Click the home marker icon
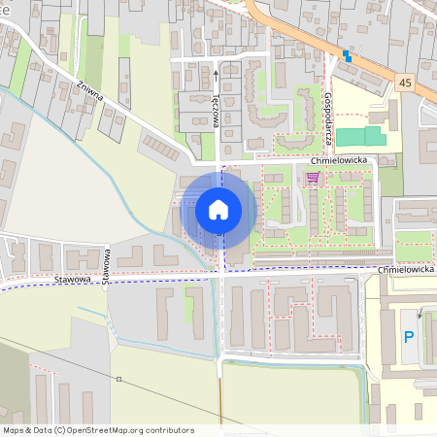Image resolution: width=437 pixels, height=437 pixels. click(218, 209)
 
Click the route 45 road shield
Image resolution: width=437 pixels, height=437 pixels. click(406, 85)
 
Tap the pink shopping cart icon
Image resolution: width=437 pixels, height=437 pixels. click(313, 177)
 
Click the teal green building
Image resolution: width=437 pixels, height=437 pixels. click(360, 137)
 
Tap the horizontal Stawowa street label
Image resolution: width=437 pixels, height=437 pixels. click(74, 280)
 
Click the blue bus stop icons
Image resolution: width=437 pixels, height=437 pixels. click(345, 55)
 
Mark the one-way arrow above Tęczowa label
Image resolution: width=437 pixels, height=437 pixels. click(216, 71)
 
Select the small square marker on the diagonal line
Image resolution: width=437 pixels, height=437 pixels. click(118, 379)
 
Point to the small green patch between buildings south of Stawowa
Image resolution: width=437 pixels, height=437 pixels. click(190, 309)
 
